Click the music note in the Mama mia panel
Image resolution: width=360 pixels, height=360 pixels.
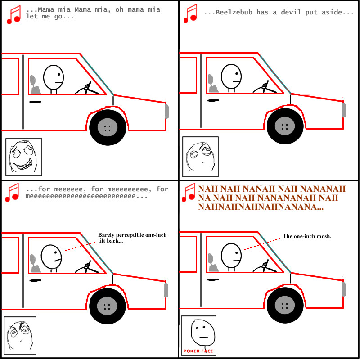(14, 15)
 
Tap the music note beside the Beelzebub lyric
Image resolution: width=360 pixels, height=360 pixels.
(190, 13)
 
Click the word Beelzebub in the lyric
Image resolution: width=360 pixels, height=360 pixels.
(234, 12)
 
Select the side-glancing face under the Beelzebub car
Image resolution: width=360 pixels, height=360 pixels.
(200, 157)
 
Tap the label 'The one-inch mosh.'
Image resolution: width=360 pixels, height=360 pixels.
(307, 236)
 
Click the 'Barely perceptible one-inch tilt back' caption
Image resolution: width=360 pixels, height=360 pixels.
(132, 238)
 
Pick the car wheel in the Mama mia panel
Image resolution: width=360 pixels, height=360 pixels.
(108, 127)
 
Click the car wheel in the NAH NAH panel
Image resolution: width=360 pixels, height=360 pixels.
(285, 306)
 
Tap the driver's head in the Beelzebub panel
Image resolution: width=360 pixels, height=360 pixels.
(231, 76)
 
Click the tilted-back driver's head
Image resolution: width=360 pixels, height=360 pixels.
(51, 256)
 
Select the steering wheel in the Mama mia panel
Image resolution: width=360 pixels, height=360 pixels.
(87, 88)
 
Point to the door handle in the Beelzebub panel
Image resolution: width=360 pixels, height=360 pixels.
(213, 100)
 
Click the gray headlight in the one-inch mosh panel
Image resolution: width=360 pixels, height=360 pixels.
(344, 289)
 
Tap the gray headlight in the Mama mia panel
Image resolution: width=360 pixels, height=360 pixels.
(166, 111)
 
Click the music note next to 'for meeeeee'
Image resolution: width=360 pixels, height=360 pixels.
(13, 193)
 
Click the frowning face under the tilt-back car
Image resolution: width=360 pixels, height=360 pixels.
(20, 335)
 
